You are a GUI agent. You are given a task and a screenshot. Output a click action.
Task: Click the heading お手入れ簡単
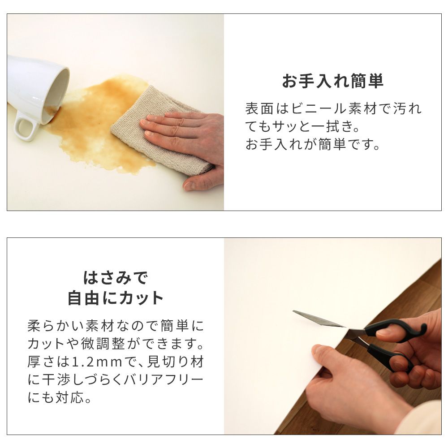(332, 82)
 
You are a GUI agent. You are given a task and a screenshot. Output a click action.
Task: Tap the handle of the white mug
(25, 129)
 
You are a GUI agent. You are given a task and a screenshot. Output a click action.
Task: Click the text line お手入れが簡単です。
(313, 146)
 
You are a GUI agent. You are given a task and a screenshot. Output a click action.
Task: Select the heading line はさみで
(115, 278)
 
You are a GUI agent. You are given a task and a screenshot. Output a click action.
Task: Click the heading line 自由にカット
(115, 298)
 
